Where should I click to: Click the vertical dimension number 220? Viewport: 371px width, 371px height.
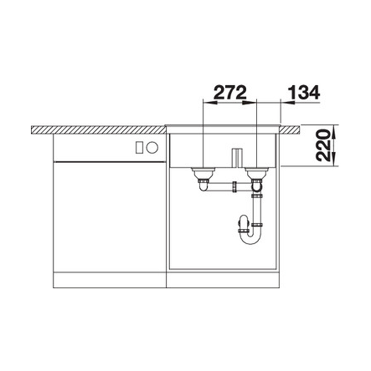point(323,145)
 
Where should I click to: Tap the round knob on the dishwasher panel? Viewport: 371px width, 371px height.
point(152,147)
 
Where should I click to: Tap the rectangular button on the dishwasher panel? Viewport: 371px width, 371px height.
point(139,147)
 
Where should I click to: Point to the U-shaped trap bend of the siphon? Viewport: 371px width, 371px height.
point(250,238)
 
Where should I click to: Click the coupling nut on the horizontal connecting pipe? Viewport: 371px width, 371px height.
point(235,187)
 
